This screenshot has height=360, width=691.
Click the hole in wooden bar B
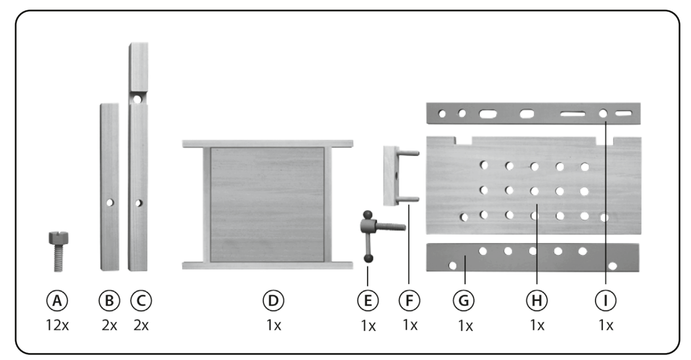[110, 203]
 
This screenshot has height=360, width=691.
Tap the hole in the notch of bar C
[137, 99]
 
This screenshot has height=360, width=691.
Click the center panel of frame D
[267, 204]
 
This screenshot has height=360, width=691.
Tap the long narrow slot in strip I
[574, 113]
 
